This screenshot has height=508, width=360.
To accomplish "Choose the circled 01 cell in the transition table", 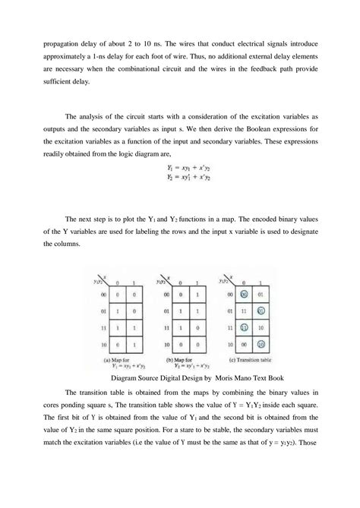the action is [239, 309].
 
